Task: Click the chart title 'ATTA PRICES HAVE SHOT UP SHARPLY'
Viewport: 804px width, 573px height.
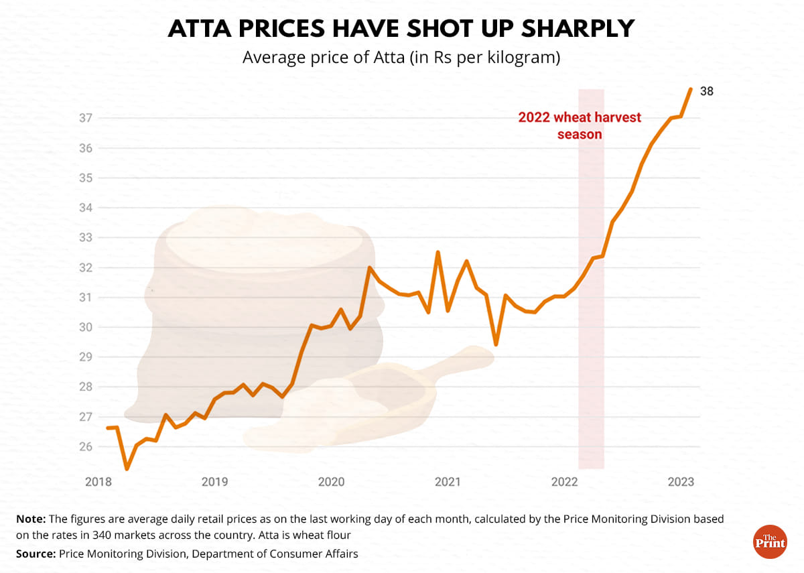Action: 401,29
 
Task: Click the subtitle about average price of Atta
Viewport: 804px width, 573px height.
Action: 401,58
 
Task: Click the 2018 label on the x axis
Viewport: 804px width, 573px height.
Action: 98,482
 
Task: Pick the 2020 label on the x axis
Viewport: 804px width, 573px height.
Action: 331,482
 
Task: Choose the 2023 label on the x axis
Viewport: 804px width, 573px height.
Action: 681,482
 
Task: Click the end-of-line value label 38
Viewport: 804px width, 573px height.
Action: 707,91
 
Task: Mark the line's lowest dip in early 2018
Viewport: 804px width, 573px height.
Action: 127,468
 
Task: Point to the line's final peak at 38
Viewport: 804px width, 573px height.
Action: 691,89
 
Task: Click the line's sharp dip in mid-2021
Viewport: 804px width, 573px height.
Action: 496,344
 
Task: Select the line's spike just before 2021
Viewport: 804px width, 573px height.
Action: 438,253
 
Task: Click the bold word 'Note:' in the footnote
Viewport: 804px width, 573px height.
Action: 31,519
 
